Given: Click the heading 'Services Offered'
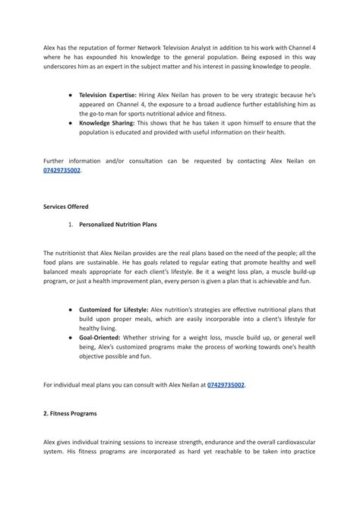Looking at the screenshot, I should pyautogui.click(x=66, y=207).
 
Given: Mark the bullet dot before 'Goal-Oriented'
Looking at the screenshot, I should pyautogui.click(x=71, y=336).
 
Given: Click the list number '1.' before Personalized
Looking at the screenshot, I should pyautogui.click(x=71, y=226).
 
